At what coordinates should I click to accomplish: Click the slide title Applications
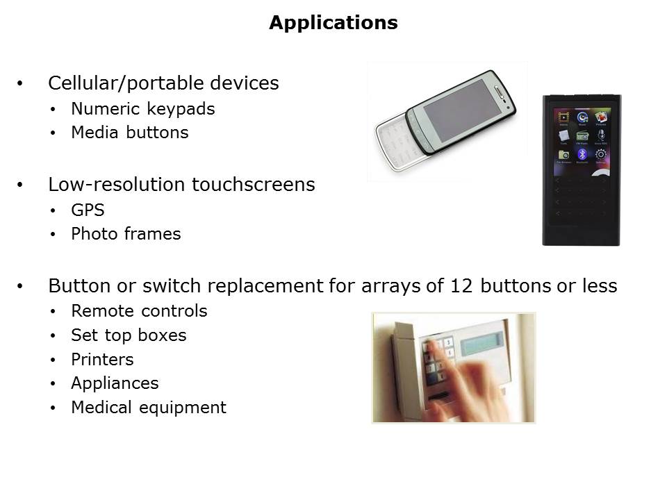tap(333, 22)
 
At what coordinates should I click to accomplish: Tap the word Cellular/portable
tap(126, 83)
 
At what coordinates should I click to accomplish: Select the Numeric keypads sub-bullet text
tap(143, 109)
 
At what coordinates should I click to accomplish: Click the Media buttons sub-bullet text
tap(130, 132)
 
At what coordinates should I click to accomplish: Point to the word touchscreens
tap(254, 185)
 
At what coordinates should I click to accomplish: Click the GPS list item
tap(88, 210)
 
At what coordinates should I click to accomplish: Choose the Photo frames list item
tap(126, 234)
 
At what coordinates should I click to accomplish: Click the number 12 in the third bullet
tap(461, 285)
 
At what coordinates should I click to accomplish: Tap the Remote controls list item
tap(139, 311)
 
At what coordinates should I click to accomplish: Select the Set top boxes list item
tap(129, 335)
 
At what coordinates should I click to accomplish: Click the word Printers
tap(102, 359)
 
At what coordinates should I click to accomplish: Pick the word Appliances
tap(115, 383)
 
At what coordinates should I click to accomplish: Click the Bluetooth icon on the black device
tap(582, 154)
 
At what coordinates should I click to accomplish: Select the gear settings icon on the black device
tap(600, 154)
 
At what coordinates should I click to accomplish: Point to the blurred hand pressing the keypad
tap(468, 383)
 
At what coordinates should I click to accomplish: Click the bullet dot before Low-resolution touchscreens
tap(20, 185)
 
